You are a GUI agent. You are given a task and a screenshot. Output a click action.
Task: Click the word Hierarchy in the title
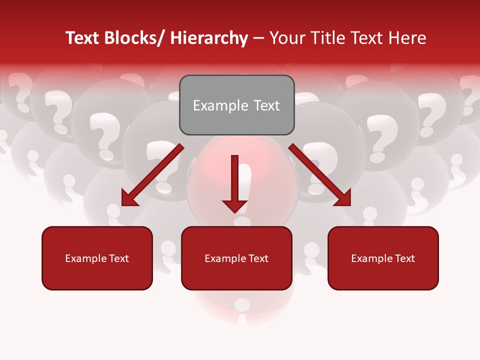click(x=209, y=38)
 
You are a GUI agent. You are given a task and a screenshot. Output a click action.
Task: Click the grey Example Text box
click(x=236, y=105)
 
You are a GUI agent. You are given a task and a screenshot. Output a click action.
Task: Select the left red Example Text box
click(x=97, y=258)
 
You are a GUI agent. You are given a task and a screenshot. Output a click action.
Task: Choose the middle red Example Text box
click(x=236, y=258)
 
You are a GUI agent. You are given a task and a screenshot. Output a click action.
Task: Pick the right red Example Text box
click(x=383, y=258)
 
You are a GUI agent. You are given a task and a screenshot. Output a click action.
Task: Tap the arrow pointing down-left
click(x=152, y=175)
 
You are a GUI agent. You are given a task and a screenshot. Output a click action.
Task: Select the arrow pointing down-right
click(x=320, y=175)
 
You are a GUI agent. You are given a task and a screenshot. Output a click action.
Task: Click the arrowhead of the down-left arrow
click(x=129, y=198)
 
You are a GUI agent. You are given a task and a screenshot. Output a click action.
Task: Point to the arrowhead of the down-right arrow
click(x=343, y=198)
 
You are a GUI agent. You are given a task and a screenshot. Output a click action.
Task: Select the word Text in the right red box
click(x=403, y=258)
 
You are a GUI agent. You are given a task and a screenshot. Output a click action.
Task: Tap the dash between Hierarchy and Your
click(x=258, y=38)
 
